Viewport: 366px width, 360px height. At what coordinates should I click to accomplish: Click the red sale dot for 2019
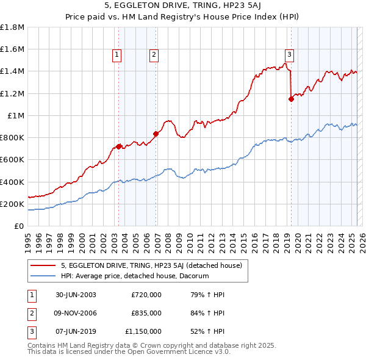pyautogui.click(x=291, y=99)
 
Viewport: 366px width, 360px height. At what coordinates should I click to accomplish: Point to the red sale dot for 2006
pyautogui.click(x=156, y=134)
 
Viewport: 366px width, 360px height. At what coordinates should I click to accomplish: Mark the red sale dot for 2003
pyautogui.click(x=119, y=146)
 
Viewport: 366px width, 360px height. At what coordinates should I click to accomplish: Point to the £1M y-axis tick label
pyautogui.click(x=16, y=116)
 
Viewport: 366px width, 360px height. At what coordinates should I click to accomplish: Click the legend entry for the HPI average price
pyautogui.click(x=135, y=276)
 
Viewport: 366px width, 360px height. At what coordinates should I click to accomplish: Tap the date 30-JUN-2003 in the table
pyautogui.click(x=76, y=295)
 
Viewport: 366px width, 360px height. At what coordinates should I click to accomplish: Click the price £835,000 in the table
pyautogui.click(x=146, y=313)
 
